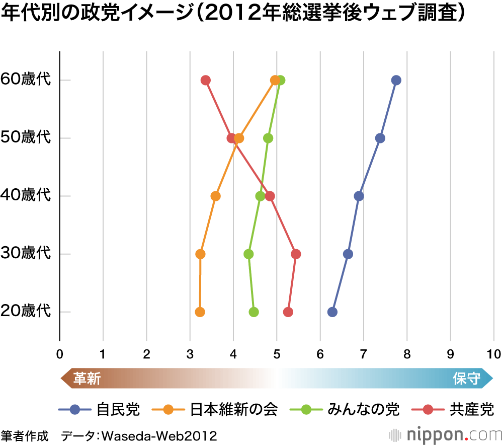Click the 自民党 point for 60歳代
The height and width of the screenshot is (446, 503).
tap(396, 80)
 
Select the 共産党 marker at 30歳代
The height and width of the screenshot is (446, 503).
tap(296, 254)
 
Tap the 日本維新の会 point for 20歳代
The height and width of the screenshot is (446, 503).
tap(200, 312)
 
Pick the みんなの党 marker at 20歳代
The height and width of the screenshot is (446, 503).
tap(254, 312)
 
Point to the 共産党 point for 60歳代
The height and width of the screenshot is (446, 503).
tap(205, 80)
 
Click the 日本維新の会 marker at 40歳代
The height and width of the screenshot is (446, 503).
tap(216, 196)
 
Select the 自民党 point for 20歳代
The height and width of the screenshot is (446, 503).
tap(332, 312)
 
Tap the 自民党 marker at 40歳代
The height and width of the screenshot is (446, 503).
tap(359, 196)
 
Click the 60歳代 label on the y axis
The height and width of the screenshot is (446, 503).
tap(26, 80)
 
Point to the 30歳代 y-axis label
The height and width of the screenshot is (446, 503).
tap(26, 254)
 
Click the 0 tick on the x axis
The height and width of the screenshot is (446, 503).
tap(60, 353)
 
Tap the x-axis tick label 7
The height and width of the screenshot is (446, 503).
tap(364, 353)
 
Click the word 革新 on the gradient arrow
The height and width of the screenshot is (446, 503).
tap(88, 379)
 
